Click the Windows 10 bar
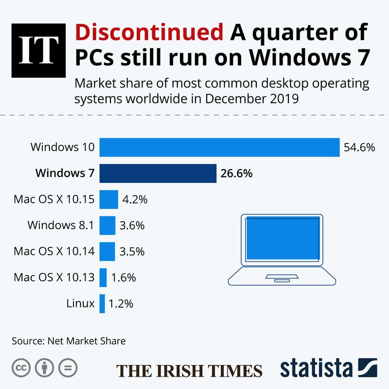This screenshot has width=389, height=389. coord(219,147)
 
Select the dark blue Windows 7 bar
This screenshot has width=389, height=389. coord(158,173)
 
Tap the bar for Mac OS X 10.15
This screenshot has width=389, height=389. coord(108,199)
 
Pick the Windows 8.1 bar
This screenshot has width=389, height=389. coord(107,226)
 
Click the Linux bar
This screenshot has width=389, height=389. coord(102,304)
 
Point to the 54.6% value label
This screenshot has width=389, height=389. coord(359,147)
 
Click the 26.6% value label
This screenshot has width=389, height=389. coord(236,173)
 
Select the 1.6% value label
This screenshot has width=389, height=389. coord(124,278)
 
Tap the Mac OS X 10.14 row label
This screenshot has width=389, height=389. coord(54,252)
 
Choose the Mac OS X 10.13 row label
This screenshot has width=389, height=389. coord(54,278)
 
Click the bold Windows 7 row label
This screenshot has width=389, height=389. coord(65,173)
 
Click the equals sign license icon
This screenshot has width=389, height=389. coord(68,368)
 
